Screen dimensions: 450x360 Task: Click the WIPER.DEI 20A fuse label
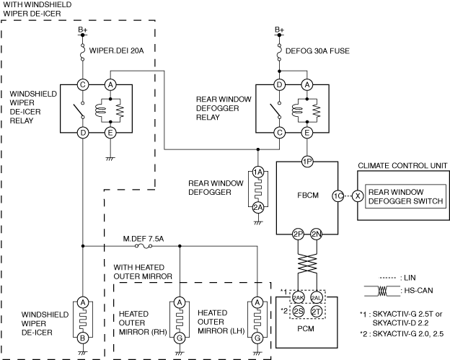tap(116, 51)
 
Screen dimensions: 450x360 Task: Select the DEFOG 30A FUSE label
tap(317, 51)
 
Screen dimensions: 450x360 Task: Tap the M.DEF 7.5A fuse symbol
tap(144, 246)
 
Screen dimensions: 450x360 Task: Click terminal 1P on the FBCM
tap(307, 162)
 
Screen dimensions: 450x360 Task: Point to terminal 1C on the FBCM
tap(337, 196)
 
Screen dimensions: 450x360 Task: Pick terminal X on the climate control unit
tap(358, 196)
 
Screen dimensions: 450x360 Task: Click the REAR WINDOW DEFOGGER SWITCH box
tap(405, 196)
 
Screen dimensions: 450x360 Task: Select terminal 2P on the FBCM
tap(298, 234)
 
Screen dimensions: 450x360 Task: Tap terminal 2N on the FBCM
tap(317, 234)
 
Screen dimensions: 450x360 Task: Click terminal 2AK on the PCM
tap(298, 298)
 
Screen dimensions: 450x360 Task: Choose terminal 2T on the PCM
tap(317, 312)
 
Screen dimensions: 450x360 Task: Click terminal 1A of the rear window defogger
tap(258, 172)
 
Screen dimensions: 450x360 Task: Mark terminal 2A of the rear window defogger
tap(258, 207)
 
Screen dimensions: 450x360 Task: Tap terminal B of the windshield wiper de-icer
tap(83, 338)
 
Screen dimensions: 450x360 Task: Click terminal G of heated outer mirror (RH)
tap(180, 338)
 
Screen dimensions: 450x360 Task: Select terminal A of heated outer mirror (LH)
tap(257, 302)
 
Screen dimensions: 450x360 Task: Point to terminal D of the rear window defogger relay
tap(279, 84)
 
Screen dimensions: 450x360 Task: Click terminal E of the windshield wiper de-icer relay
tap(110, 133)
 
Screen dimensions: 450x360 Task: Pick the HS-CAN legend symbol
tap(382, 291)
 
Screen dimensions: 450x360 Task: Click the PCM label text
tap(306, 328)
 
